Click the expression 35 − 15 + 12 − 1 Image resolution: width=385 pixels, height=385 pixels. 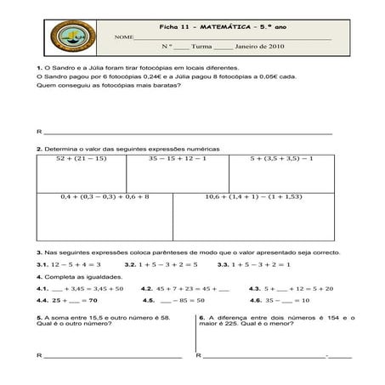coord(177,158)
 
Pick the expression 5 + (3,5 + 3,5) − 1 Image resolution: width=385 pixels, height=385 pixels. coord(282,158)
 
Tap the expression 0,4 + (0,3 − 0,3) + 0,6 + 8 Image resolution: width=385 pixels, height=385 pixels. coord(105,196)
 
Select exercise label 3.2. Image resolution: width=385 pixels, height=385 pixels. coord(130,264)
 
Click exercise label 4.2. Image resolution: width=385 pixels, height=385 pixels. coord(146,288)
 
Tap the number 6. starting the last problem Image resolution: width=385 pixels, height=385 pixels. coord(201,318)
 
